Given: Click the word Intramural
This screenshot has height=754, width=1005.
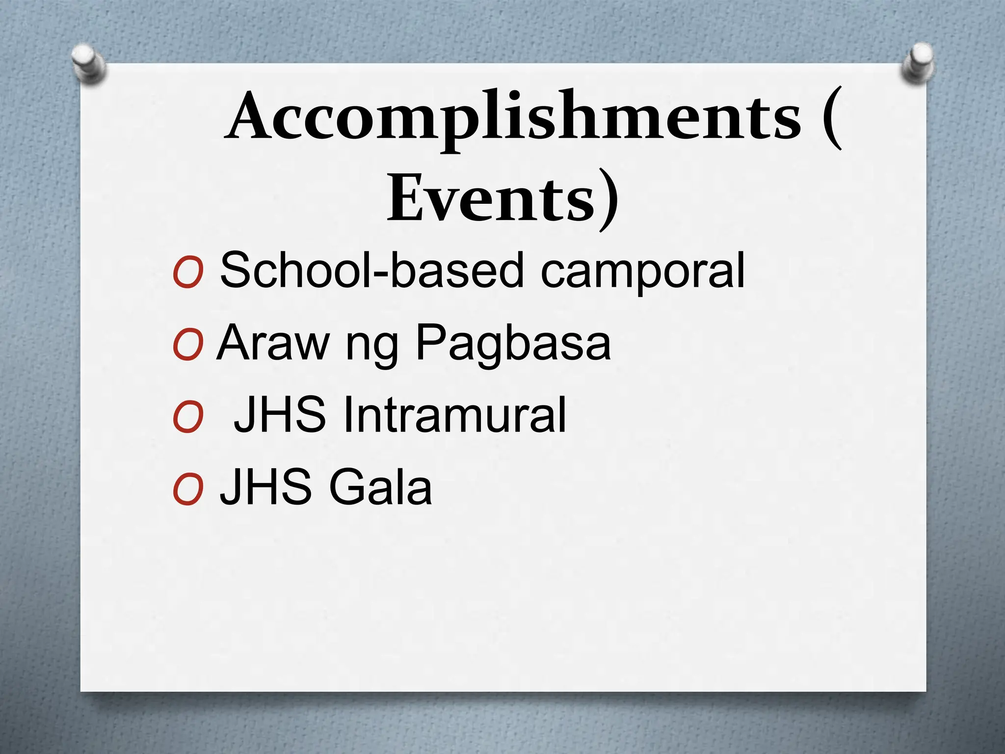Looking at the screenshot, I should click(x=454, y=415).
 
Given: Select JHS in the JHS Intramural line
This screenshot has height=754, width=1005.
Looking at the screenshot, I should click(x=280, y=415).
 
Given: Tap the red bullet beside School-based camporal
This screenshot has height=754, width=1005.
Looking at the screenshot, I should click(x=188, y=273).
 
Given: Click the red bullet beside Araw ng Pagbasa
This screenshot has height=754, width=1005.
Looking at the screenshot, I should click(x=188, y=346).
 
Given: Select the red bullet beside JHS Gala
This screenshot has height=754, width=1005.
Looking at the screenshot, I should click(x=188, y=490).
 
